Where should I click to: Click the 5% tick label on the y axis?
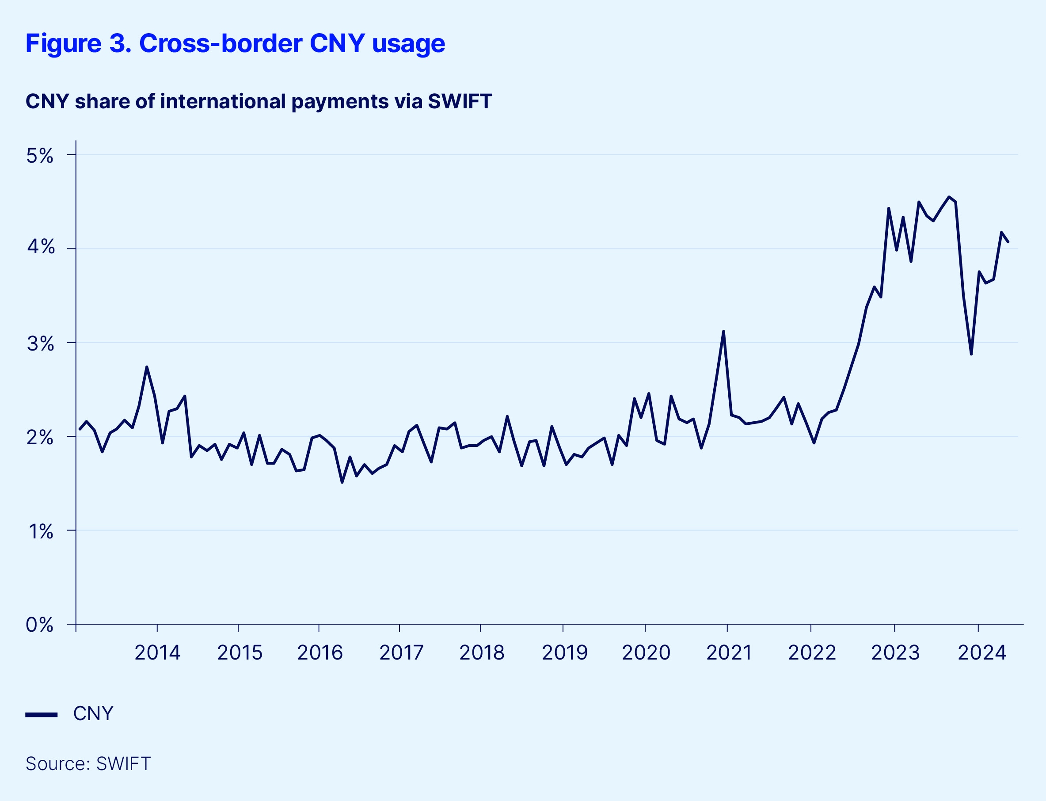click(x=40, y=156)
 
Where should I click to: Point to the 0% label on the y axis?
click(x=40, y=625)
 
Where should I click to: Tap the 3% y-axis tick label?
click(x=40, y=344)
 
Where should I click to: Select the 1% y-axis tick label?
click(x=41, y=531)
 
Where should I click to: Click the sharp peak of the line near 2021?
click(x=723, y=332)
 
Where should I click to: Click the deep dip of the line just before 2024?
click(x=971, y=354)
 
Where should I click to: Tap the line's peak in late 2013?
click(x=147, y=367)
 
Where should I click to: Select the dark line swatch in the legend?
click(x=42, y=715)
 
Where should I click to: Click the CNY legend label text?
click(x=93, y=714)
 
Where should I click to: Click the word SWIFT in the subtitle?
click(x=460, y=102)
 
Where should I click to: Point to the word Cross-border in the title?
click(x=221, y=43)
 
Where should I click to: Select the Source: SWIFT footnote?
click(x=88, y=764)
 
